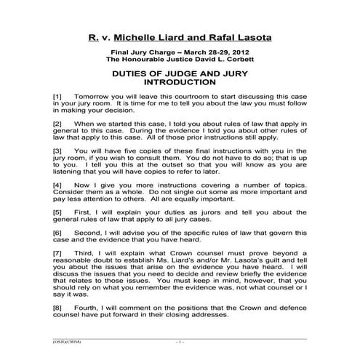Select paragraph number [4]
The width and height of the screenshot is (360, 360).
[x=58, y=187]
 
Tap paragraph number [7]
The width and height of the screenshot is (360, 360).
[x=58, y=257]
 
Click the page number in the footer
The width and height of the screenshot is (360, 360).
[x=180, y=341]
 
